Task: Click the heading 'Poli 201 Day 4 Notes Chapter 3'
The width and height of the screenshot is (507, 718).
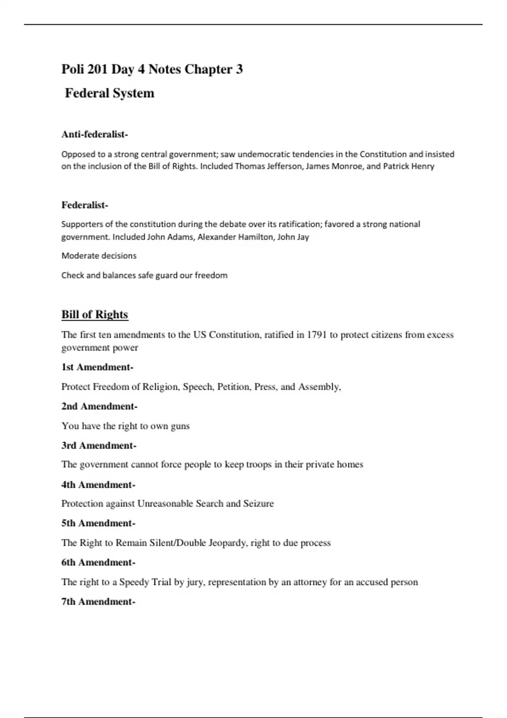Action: pyautogui.click(x=152, y=69)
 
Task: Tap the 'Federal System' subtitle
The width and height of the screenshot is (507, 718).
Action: pyautogui.click(x=109, y=93)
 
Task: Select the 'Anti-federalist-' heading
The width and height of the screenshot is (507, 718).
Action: pyautogui.click(x=95, y=134)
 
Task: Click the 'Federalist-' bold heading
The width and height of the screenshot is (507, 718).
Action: pyautogui.click(x=84, y=205)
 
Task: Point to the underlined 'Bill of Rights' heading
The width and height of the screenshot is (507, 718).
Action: pyautogui.click(x=95, y=315)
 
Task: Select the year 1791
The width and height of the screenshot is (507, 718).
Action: pyautogui.click(x=317, y=335)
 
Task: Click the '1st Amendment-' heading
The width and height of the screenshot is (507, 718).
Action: pyautogui.click(x=97, y=367)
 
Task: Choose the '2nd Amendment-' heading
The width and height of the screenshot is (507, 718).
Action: pyautogui.click(x=99, y=406)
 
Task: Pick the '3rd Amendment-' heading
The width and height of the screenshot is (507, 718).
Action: pyautogui.click(x=99, y=446)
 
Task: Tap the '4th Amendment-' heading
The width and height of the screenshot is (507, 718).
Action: pyautogui.click(x=98, y=485)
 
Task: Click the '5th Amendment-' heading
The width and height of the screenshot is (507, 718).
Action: pyautogui.click(x=98, y=523)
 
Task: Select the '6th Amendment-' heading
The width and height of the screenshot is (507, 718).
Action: pyautogui.click(x=98, y=563)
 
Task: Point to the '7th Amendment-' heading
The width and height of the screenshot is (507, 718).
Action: pyautogui.click(x=98, y=602)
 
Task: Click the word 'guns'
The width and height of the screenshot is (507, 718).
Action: pyautogui.click(x=180, y=426)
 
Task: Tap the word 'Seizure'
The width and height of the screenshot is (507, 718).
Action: pyautogui.click(x=258, y=504)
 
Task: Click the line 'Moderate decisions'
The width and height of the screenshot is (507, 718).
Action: pyautogui.click(x=99, y=256)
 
